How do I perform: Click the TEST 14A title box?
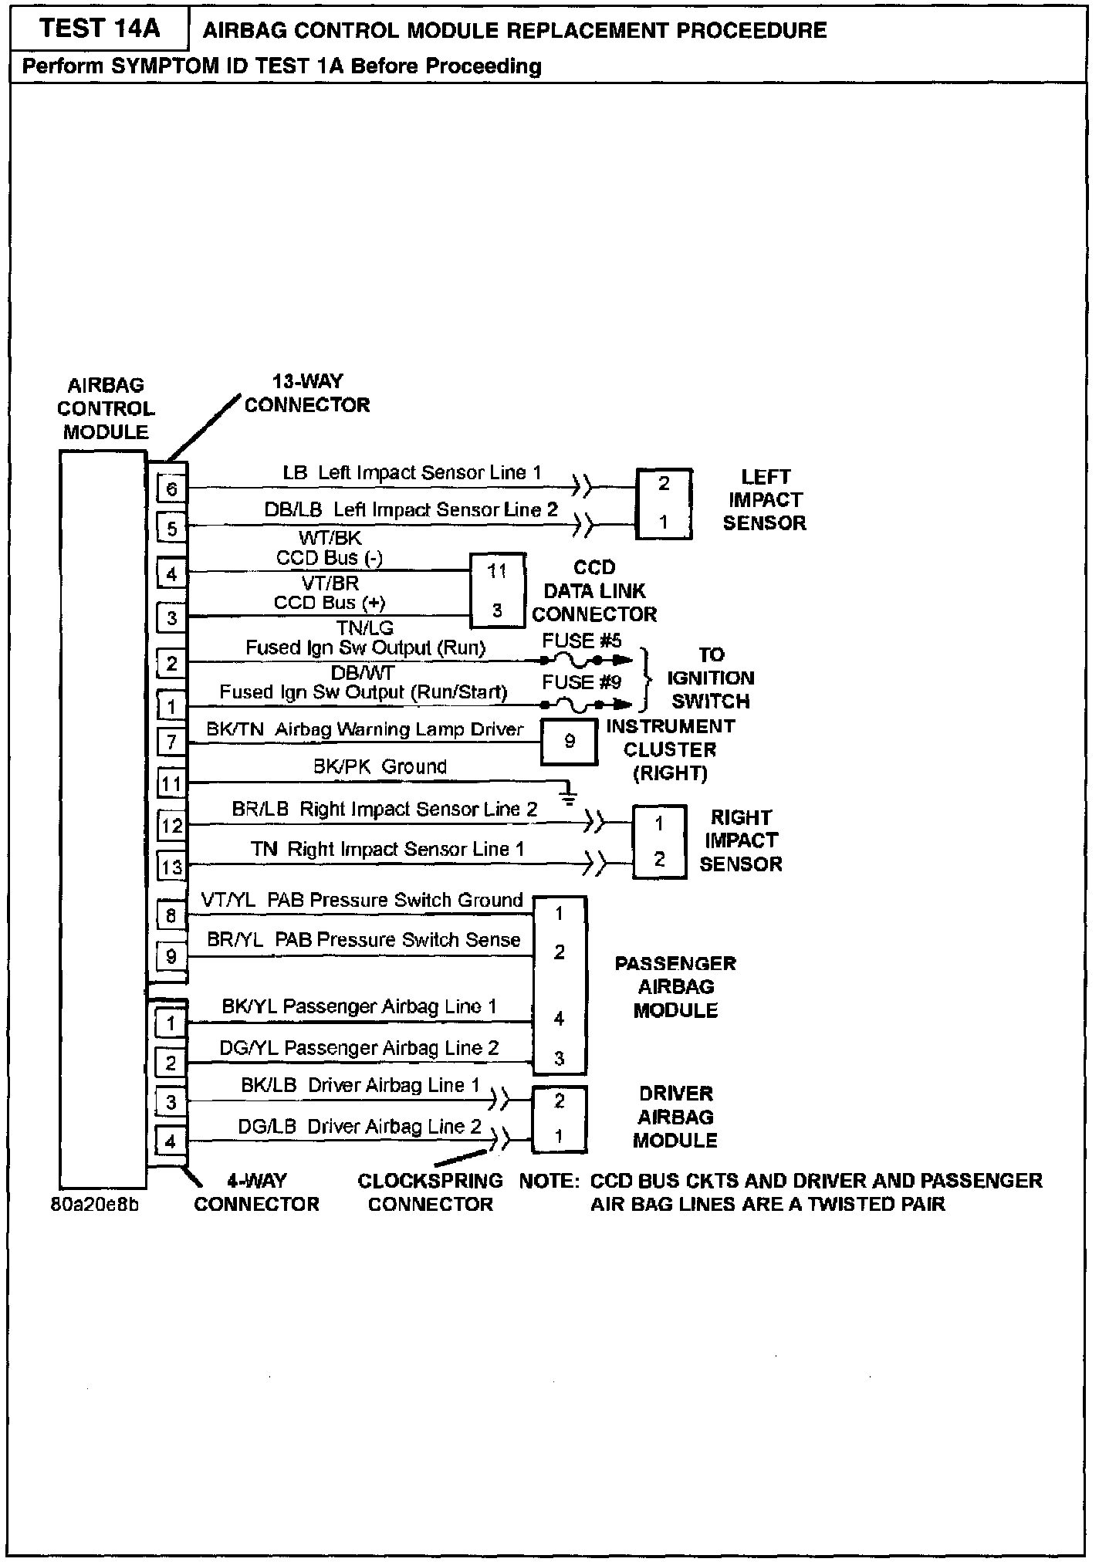pyautogui.click(x=100, y=29)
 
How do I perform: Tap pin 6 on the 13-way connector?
pyautogui.click(x=171, y=489)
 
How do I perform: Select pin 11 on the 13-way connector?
pyautogui.click(x=171, y=785)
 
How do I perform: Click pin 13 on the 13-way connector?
pyautogui.click(x=171, y=867)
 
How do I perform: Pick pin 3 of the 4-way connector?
pyautogui.click(x=171, y=1102)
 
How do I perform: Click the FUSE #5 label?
pyautogui.click(x=581, y=641)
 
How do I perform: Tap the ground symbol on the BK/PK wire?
pyautogui.click(x=568, y=796)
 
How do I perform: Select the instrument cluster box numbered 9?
pyautogui.click(x=569, y=742)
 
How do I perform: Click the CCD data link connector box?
pyautogui.click(x=498, y=590)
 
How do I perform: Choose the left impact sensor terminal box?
pyautogui.click(x=664, y=503)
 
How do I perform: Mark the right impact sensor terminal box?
pyautogui.click(x=659, y=842)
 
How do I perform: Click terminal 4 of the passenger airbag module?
pyautogui.click(x=560, y=1019)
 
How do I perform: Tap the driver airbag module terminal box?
pyautogui.click(x=560, y=1120)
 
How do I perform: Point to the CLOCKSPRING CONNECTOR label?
pyautogui.click(x=430, y=1192)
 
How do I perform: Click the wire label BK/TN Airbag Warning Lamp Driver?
pyautogui.click(x=364, y=729)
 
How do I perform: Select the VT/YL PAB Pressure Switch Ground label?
pyautogui.click(x=361, y=900)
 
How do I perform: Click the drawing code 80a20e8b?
pyautogui.click(x=95, y=1205)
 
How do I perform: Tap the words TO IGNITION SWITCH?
pyautogui.click(x=711, y=678)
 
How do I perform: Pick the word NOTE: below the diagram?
pyautogui.click(x=549, y=1181)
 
